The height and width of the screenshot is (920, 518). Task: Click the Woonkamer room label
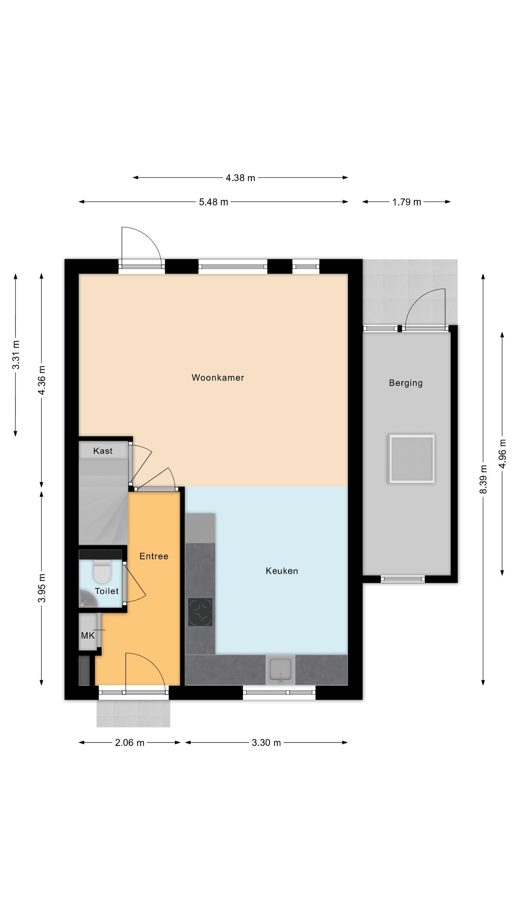coord(218,377)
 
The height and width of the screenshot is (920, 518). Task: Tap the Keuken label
coord(282,571)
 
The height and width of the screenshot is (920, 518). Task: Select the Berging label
coord(406,383)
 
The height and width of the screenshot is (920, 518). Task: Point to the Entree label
coord(154,556)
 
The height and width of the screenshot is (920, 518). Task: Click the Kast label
coord(103,451)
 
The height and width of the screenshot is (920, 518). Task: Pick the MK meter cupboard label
coord(88,636)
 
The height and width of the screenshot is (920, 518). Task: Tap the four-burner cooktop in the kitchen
coord(200,612)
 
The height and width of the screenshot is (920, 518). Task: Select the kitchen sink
coord(280,670)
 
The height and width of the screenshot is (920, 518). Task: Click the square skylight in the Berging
coord(412,459)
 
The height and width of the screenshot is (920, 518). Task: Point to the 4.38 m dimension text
coord(240,178)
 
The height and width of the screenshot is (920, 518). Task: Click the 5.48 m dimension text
coord(214,202)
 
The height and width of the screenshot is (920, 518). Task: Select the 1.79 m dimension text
coord(406,202)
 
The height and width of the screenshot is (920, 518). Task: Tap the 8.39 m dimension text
coord(483,479)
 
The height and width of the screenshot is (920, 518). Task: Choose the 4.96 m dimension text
coord(502,454)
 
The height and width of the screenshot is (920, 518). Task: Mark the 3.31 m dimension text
coord(15,355)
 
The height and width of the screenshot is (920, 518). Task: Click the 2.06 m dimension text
coord(129,742)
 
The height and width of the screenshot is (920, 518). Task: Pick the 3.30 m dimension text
coord(266,742)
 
